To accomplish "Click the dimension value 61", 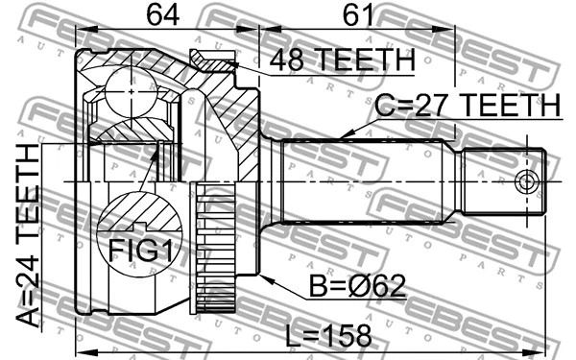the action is [358, 15].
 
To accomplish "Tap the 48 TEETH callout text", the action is [343, 60].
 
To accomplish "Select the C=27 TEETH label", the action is [468, 105].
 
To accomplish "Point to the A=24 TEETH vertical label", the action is [28, 235].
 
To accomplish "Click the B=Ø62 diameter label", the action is [357, 285].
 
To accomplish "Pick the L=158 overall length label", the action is [328, 336].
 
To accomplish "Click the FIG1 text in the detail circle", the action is [140, 250].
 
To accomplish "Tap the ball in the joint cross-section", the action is [132, 91].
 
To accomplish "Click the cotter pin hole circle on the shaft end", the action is [527, 181].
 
